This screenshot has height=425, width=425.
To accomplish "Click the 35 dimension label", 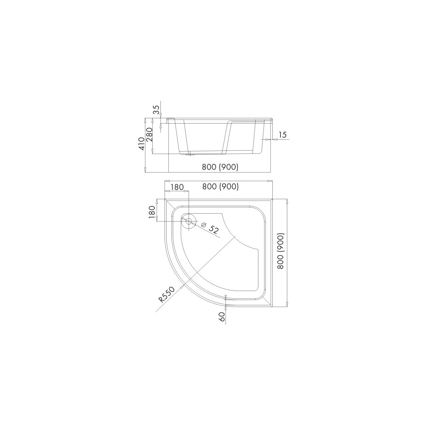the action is pyautogui.click(x=156, y=109).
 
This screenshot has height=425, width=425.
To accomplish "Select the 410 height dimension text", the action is pyautogui.click(x=142, y=143).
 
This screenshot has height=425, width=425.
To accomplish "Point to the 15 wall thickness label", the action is pyautogui.click(x=283, y=134).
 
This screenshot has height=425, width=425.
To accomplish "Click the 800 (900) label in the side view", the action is pyautogui.click(x=220, y=167).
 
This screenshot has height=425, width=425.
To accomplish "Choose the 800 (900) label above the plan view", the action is pyautogui.click(x=220, y=187).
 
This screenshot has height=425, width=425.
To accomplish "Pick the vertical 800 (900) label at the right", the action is pyautogui.click(x=280, y=251).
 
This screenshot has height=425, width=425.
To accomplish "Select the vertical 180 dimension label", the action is pyautogui.click(x=152, y=212).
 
